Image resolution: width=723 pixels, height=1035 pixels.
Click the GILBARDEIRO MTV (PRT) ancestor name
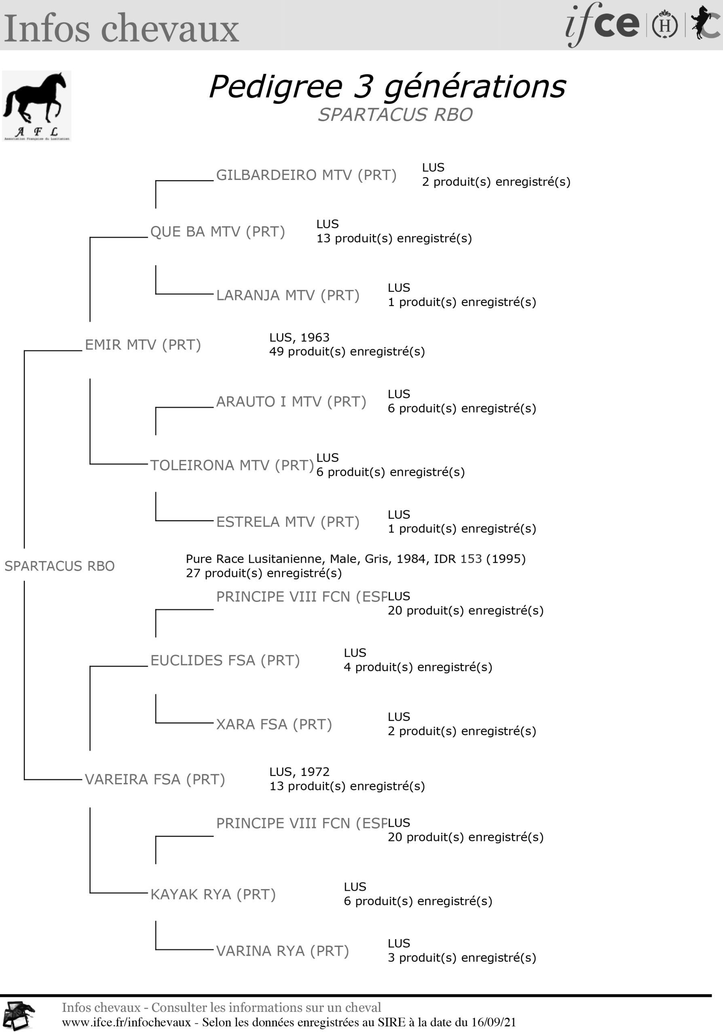point(307,175)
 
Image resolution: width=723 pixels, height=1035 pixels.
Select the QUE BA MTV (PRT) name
point(218,232)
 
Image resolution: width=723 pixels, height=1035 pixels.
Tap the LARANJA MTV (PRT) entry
point(288,295)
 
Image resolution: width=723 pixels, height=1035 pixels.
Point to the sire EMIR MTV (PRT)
point(143,345)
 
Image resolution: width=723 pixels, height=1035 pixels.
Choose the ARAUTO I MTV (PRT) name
point(291,401)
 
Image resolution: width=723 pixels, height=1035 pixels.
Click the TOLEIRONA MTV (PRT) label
point(232,465)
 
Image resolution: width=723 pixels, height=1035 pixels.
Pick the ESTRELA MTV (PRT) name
point(288,522)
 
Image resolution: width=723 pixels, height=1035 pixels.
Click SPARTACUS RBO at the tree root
point(59,566)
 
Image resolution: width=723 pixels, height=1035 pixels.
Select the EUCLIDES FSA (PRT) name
point(225,660)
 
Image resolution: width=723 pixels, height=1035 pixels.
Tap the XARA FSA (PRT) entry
point(274,724)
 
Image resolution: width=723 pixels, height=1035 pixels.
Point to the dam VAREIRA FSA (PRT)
point(155,779)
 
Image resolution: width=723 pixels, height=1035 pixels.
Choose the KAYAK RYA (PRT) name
point(213,894)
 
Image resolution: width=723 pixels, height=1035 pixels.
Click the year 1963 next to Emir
point(315,338)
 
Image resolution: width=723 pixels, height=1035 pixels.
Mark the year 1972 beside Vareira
point(315,772)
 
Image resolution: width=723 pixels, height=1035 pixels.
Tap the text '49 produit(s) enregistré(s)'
point(347,352)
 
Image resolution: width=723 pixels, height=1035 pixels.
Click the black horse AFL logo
point(36,106)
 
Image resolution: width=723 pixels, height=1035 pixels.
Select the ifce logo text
point(602,25)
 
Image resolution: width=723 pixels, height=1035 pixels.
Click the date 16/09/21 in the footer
point(494,1022)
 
